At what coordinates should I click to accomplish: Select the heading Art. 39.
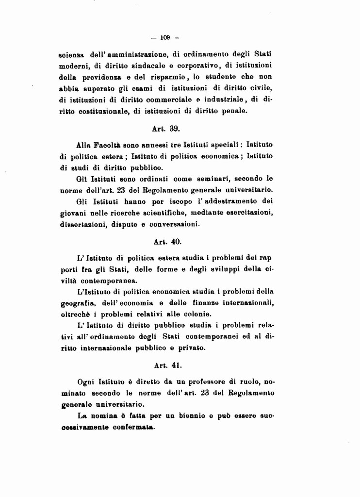click(x=166, y=129)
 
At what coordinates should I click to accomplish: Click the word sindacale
click(x=148, y=65)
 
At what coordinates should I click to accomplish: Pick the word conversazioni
click(x=175, y=224)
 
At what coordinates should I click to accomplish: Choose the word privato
click(x=192, y=348)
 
